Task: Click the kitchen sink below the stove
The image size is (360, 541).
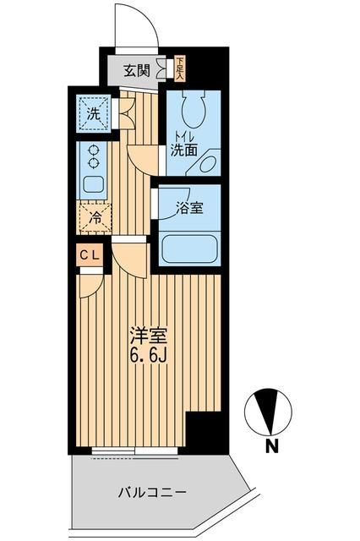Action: pyautogui.click(x=92, y=183)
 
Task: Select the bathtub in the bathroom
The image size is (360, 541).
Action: pyautogui.click(x=188, y=249)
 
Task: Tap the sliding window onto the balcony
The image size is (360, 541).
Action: pyautogui.click(x=135, y=452)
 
